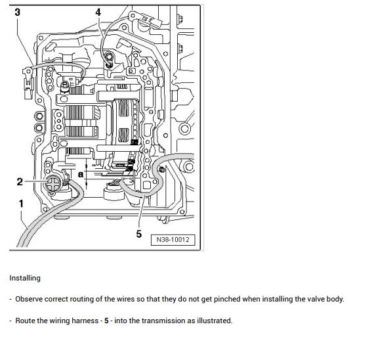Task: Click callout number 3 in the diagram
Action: [17, 12]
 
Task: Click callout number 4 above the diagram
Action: [98, 12]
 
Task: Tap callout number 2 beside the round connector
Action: [20, 182]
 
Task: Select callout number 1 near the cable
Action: [21, 204]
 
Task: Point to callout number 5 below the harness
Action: [138, 233]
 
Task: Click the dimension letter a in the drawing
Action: [80, 175]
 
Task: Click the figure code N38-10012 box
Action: [173, 240]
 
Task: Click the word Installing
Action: [25, 278]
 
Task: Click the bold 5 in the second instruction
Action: [106, 321]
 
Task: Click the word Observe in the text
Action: [29, 299]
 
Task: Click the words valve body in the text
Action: [324, 299]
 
